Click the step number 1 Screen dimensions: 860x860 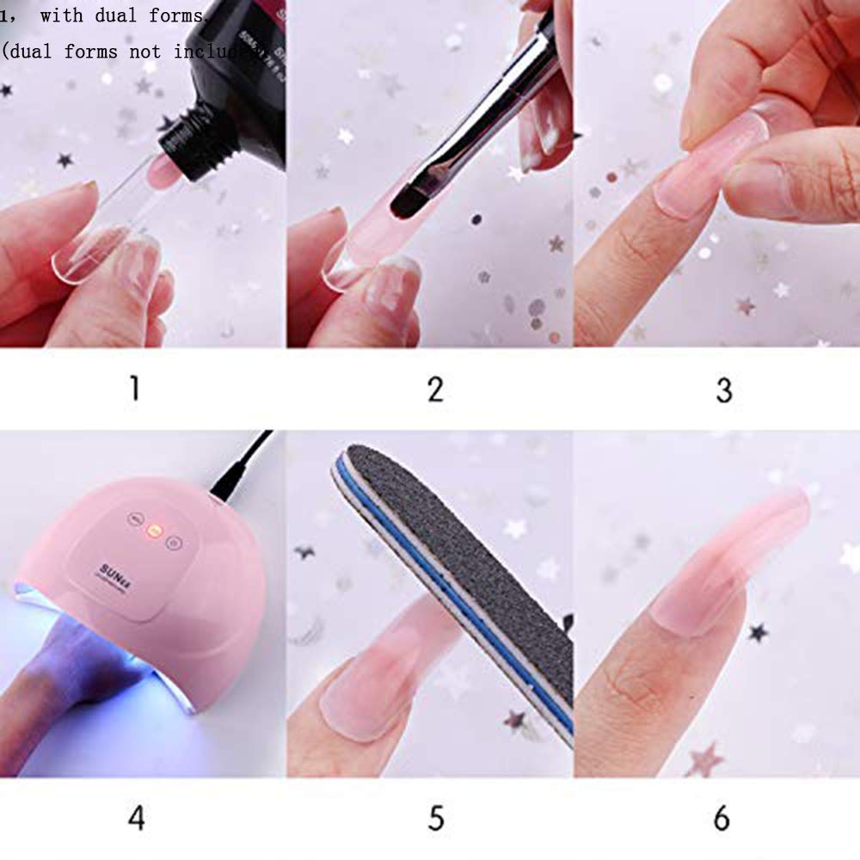click(134, 389)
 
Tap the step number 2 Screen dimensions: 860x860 click(435, 389)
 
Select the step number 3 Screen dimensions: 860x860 click(723, 390)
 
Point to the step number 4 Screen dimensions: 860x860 click(136, 818)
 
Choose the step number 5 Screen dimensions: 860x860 click(436, 818)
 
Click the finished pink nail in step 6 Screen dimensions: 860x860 click(731, 559)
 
